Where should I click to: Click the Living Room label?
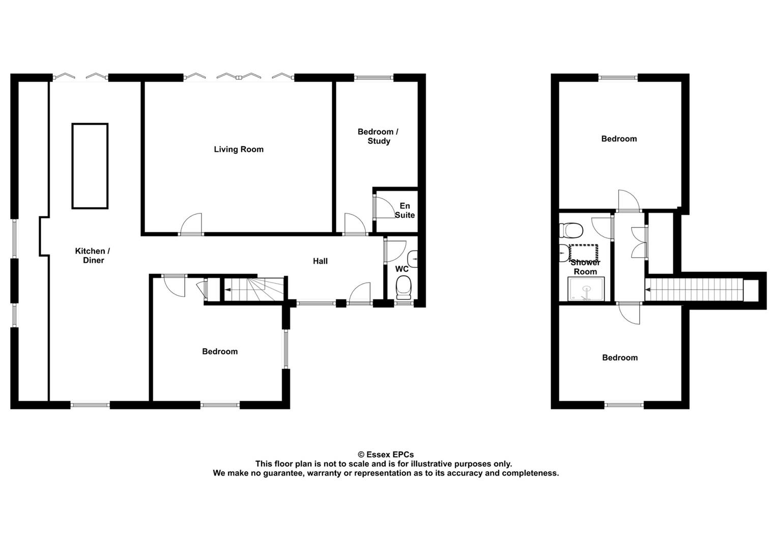(239, 149)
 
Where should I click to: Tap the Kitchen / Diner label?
(93, 256)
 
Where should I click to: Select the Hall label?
(320, 261)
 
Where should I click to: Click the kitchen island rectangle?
(90, 166)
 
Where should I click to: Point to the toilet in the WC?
(404, 288)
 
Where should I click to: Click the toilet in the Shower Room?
(571, 230)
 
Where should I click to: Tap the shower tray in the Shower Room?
(586, 289)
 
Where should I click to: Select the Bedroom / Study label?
(378, 136)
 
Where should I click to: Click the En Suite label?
(405, 210)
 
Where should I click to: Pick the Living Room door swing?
(191, 224)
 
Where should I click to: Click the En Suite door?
(384, 208)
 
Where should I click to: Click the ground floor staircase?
(254, 289)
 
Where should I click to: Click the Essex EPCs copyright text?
(386, 454)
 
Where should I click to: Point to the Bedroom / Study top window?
(373, 78)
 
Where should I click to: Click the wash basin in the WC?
(413, 259)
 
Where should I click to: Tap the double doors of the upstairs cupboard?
(640, 242)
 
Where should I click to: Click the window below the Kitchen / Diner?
(90, 404)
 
